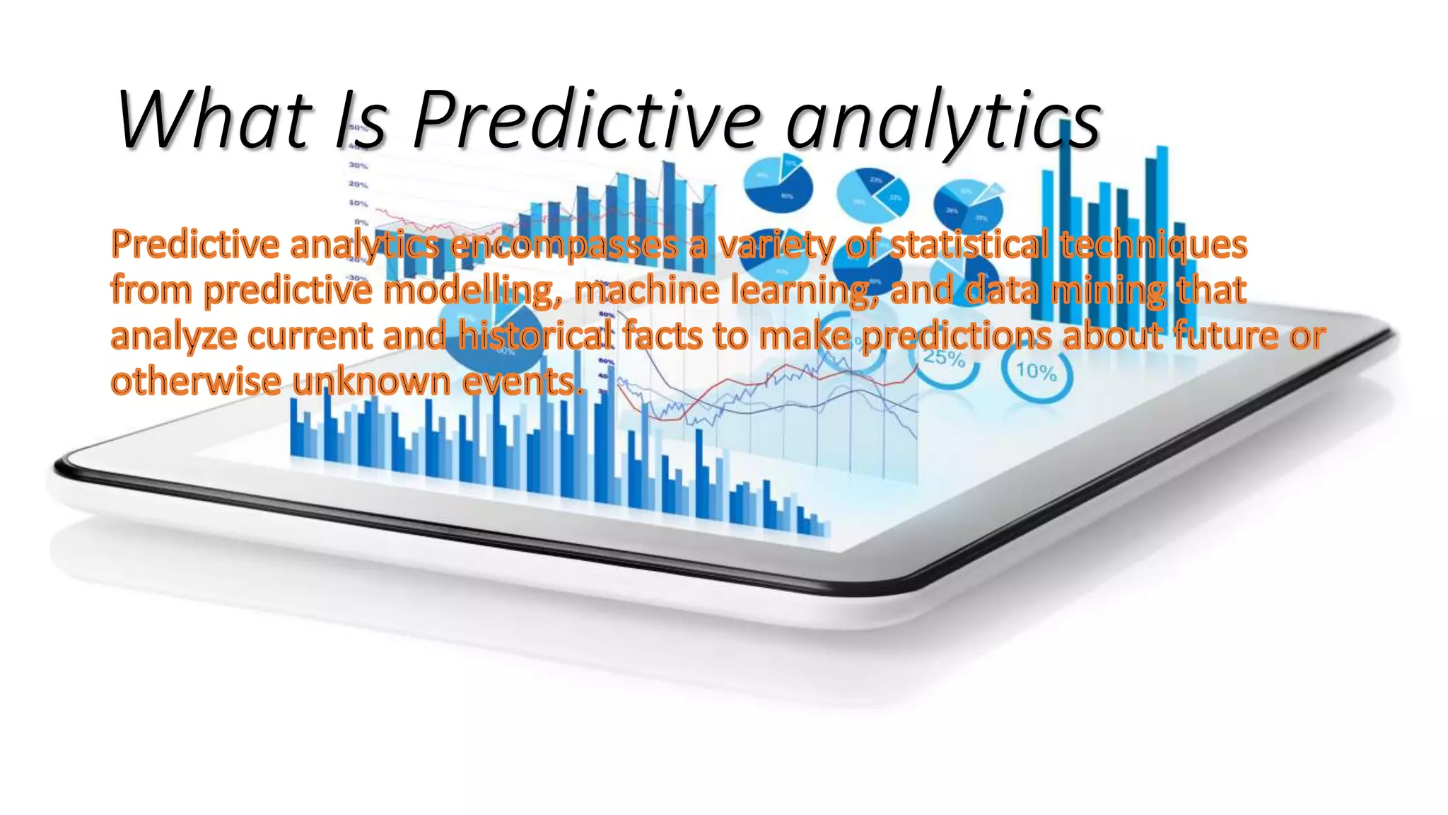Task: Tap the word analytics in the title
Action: tap(943, 122)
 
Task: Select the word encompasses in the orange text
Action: tap(564, 245)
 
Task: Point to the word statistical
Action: tap(969, 245)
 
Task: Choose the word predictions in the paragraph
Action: tap(956, 337)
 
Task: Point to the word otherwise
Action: tap(196, 381)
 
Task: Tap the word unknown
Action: tap(371, 381)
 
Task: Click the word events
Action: tap(523, 382)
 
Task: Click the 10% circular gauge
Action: tap(1037, 371)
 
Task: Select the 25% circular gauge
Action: tap(945, 357)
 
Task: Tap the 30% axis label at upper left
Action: tap(358, 166)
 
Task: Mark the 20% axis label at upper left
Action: tap(358, 185)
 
